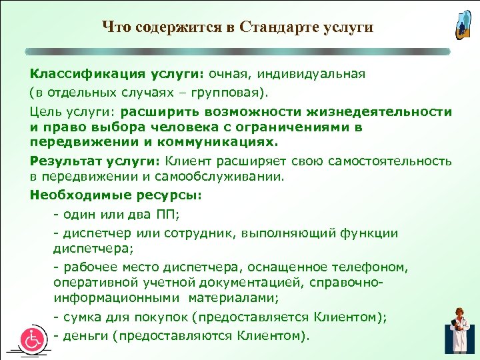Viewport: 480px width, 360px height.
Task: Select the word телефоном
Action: [369, 267]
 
